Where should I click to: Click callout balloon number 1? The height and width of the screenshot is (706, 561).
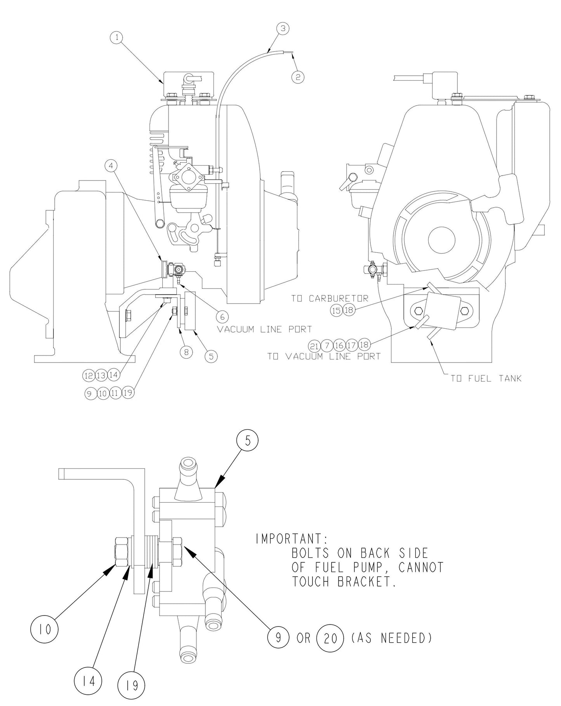[117, 37]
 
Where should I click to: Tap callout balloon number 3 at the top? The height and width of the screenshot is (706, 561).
[283, 28]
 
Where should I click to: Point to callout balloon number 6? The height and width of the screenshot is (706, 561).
[222, 316]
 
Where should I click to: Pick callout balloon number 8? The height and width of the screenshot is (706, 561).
[186, 352]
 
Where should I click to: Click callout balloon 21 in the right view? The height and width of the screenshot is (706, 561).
[314, 345]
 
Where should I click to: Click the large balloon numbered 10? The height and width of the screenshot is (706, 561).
[44, 630]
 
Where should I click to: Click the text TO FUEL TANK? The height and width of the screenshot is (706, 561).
[486, 378]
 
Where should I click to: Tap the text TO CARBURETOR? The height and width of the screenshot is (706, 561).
[330, 298]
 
